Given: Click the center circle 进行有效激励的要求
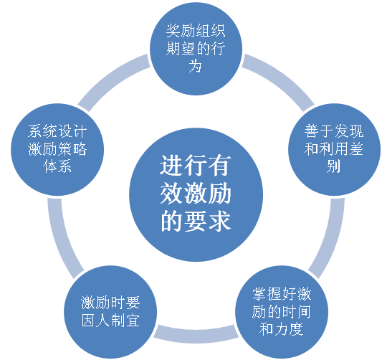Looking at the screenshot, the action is [196, 195].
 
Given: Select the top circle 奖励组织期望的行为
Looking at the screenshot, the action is [196, 49].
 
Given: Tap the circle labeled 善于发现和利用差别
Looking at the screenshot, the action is [334, 149].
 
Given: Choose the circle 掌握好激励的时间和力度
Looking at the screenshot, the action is [282, 312].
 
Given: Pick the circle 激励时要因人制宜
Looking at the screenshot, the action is [110, 312].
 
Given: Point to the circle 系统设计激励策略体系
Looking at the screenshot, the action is [57, 149].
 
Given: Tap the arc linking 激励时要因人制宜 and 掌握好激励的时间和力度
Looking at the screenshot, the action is [196, 336].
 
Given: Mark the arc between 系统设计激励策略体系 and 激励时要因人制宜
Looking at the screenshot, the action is [62, 237].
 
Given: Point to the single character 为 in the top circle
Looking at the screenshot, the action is [195, 66].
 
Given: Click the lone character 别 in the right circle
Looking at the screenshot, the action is [334, 166].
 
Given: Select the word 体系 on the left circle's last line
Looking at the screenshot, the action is [57, 166].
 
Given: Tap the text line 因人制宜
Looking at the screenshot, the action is [110, 321].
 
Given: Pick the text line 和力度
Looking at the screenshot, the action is [282, 329].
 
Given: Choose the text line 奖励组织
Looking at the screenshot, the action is [196, 31].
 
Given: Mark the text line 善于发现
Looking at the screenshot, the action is [334, 131].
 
